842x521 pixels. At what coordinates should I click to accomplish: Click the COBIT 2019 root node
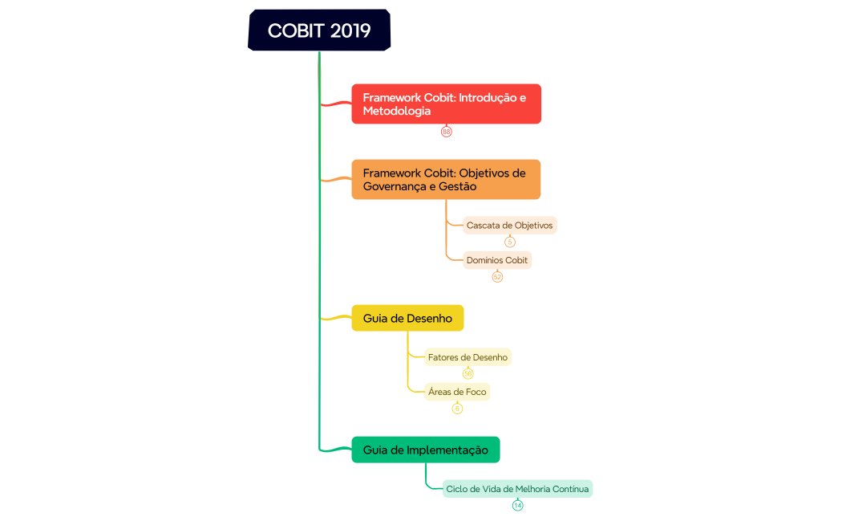(319, 31)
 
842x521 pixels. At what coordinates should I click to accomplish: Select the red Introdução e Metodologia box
(446, 104)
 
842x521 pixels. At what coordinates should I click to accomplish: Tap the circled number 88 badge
(447, 132)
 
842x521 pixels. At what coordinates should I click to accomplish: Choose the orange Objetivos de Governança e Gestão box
(446, 179)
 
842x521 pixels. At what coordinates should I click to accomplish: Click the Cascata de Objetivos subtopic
(510, 226)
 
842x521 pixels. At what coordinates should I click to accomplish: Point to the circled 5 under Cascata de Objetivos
(510, 242)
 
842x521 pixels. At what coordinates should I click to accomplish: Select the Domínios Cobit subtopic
(497, 260)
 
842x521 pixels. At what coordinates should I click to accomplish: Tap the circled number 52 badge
(497, 277)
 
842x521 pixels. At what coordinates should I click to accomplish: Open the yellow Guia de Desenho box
(407, 318)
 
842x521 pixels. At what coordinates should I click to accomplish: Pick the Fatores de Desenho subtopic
(468, 357)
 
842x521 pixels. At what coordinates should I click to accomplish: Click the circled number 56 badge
(468, 373)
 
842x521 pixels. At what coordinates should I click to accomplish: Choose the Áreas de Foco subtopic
(457, 392)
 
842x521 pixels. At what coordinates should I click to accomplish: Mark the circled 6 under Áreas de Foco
(457, 409)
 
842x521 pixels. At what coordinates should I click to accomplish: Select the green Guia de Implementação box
(425, 450)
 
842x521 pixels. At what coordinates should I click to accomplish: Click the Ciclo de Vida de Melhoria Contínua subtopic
(517, 489)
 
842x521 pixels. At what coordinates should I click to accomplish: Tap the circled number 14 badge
(517, 505)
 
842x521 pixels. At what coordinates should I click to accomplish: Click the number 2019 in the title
(350, 31)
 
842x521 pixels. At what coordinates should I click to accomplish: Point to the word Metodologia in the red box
(397, 111)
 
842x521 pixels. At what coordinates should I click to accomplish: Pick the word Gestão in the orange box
(456, 186)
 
